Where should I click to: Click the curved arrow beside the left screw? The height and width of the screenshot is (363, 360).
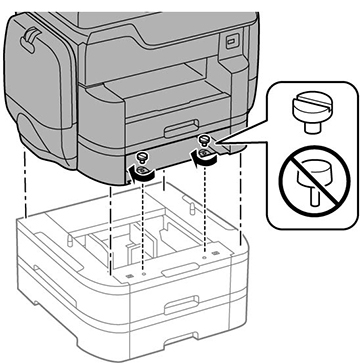(139, 176)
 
